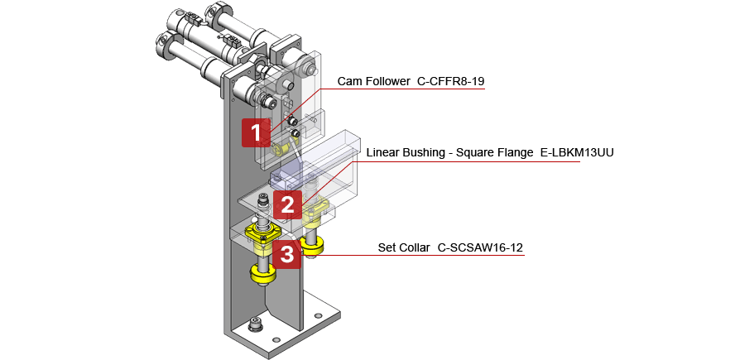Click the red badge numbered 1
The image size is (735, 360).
click(256, 132)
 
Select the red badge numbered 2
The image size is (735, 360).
click(286, 204)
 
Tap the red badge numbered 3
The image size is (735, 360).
click(286, 254)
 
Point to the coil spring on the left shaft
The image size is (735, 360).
click(263, 221)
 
